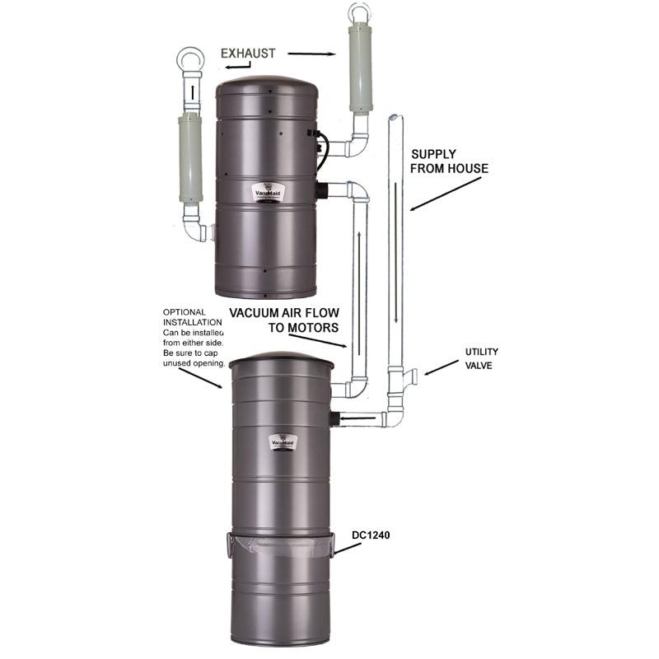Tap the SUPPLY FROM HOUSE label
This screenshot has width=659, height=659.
449,161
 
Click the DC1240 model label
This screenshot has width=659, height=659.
373,535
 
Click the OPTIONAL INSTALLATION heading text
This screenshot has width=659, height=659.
192,317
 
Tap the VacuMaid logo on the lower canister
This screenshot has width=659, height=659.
283,442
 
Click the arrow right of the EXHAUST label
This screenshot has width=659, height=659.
311,54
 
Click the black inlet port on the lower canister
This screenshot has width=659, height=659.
334,418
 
